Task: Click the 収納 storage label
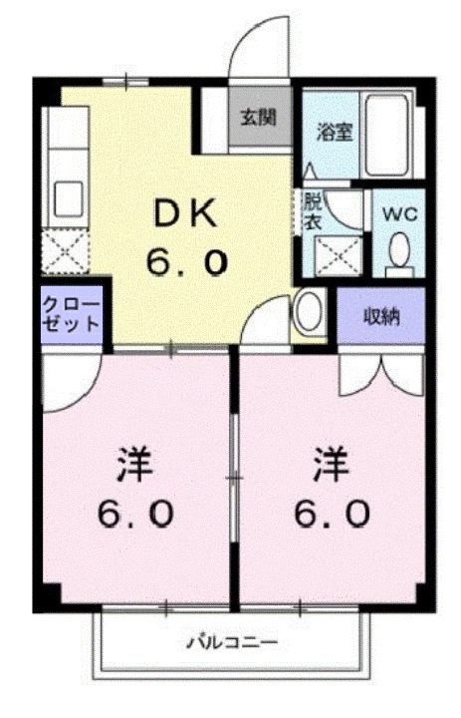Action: click(380, 317)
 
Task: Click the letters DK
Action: click(187, 213)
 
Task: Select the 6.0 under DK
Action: click(187, 261)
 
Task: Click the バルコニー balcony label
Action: click(234, 641)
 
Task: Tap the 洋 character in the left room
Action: click(134, 466)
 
